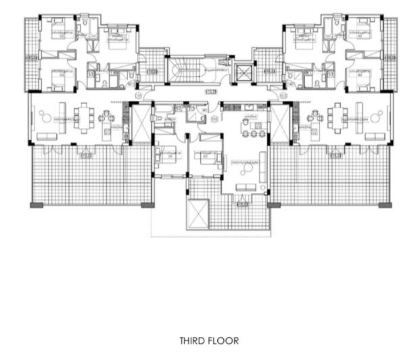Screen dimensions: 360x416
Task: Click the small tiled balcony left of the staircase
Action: [x=152, y=64]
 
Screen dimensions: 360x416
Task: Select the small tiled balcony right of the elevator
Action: [x=265, y=64]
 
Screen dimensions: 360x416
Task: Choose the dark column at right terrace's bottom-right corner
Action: [x=386, y=204]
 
